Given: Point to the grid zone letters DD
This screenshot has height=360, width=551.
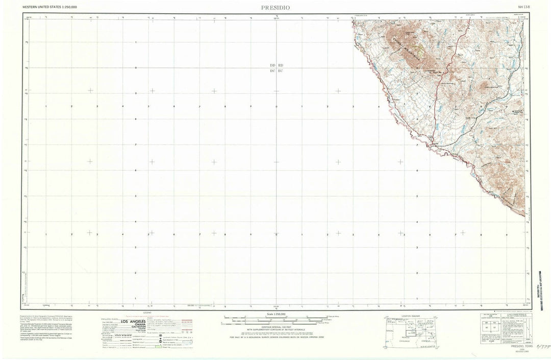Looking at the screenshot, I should click(x=272, y=66).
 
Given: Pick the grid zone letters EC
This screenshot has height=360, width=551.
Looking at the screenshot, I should click(x=280, y=70).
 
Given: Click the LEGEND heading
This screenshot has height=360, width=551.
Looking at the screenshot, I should click(x=147, y=311).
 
